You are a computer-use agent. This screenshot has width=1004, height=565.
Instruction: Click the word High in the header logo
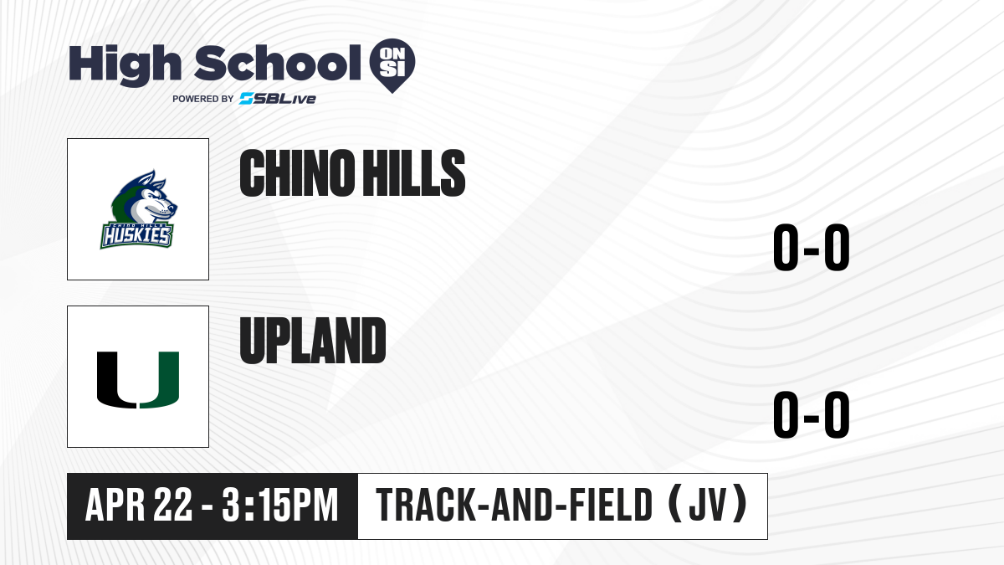(x=125, y=65)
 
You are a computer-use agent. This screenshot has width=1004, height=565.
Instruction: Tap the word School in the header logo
(x=278, y=63)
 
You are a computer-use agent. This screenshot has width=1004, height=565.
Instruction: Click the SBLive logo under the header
(x=278, y=99)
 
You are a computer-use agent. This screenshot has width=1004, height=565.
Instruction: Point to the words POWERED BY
(x=203, y=99)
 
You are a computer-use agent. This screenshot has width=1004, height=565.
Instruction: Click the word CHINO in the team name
(x=296, y=173)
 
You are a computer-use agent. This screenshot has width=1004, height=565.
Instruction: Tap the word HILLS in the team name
(x=413, y=173)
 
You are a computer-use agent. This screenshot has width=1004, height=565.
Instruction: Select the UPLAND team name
(x=313, y=341)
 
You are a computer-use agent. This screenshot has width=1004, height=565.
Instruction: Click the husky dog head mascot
(x=143, y=197)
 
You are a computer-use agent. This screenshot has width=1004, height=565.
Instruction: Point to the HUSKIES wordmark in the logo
(x=136, y=235)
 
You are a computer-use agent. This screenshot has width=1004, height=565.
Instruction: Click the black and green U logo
(x=138, y=380)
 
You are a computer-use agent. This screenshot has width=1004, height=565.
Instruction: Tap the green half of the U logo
(x=160, y=380)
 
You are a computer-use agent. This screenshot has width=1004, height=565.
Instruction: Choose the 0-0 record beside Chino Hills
(x=812, y=248)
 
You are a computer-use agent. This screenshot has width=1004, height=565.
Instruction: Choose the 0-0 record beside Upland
(x=812, y=415)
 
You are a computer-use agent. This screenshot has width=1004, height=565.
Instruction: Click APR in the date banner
(x=115, y=506)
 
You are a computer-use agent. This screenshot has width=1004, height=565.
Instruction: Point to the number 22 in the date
(x=173, y=506)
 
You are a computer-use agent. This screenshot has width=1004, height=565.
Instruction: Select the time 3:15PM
(x=280, y=506)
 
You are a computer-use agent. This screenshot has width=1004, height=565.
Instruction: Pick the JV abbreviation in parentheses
(x=707, y=506)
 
